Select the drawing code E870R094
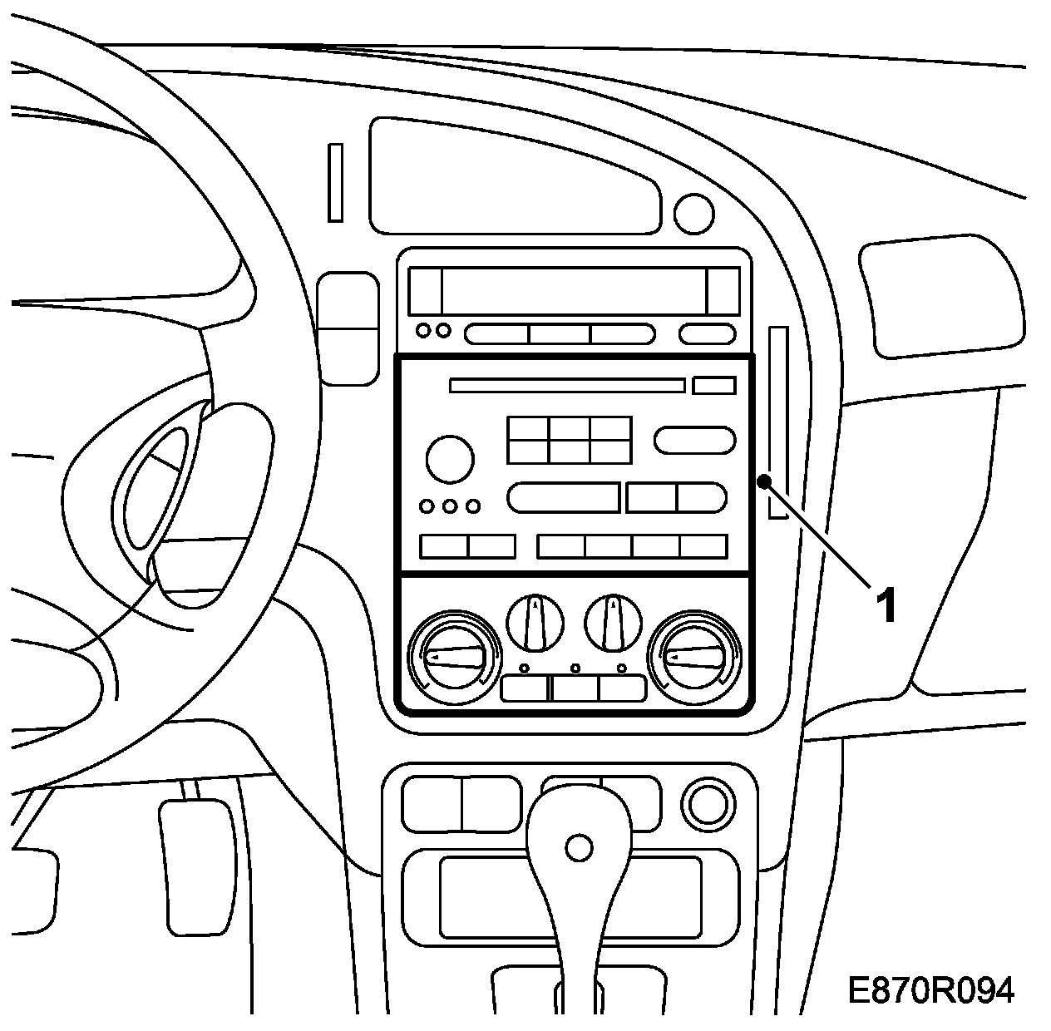click(x=930, y=990)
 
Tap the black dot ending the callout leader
click(x=763, y=481)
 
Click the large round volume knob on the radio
click(x=450, y=458)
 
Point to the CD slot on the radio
click(x=567, y=385)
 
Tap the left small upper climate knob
click(x=535, y=621)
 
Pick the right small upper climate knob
click(x=614, y=621)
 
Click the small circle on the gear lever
click(x=578, y=848)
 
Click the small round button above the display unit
click(x=693, y=214)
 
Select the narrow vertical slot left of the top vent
click(x=335, y=182)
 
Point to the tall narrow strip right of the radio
click(x=778, y=422)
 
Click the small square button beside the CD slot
click(x=713, y=385)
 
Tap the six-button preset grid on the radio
click(x=570, y=440)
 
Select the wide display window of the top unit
click(x=573, y=291)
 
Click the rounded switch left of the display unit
click(x=348, y=328)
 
